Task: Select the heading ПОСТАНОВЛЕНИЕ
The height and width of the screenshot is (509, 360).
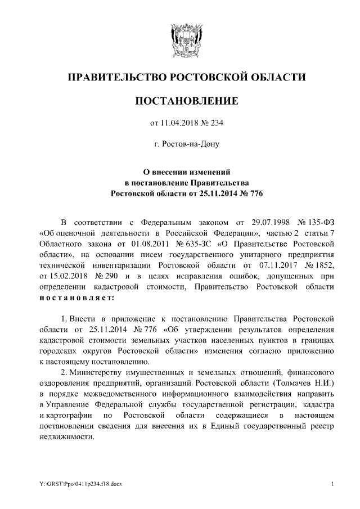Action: coord(179,101)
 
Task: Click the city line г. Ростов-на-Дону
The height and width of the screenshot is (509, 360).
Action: coord(179,145)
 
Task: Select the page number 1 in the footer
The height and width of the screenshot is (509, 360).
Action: coord(333,484)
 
